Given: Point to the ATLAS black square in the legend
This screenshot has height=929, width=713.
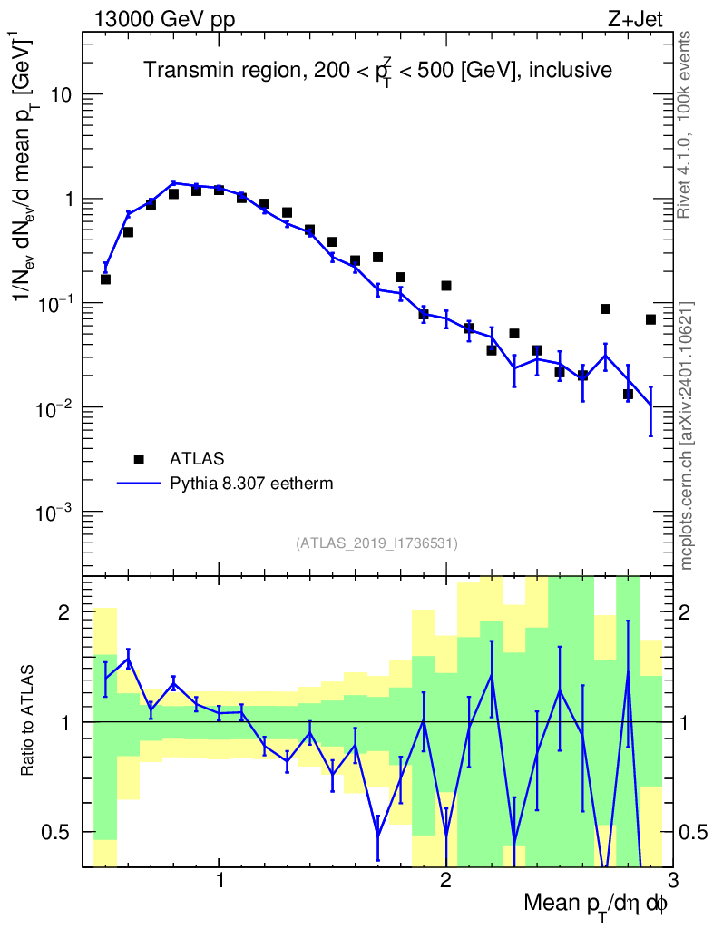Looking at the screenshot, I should (x=138, y=458).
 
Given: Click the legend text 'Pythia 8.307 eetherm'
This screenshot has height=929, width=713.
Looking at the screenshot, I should (x=251, y=484).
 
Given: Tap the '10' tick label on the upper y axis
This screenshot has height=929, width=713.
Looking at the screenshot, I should (x=60, y=95).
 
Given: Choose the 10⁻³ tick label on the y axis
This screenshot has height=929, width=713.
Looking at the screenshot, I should (x=55, y=513).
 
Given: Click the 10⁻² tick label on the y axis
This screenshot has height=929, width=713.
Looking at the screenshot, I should (x=55, y=408).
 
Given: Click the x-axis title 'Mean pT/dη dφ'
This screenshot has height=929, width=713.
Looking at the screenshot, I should (x=596, y=905).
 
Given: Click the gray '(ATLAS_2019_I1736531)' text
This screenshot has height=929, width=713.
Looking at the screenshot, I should (x=376, y=543).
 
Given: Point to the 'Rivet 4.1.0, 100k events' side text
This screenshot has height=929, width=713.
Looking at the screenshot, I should (x=686, y=124).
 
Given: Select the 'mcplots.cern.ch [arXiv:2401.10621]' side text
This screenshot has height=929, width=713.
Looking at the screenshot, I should (x=687, y=435).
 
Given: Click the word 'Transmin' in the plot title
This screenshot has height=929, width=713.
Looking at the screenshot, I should (x=180, y=70).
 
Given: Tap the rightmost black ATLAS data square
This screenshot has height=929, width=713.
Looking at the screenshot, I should (x=650, y=319).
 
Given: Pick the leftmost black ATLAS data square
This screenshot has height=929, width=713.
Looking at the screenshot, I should (x=105, y=279).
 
